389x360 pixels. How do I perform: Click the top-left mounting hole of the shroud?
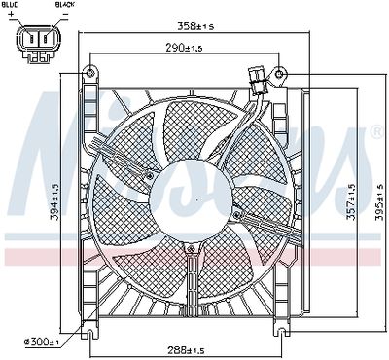pyautogui.click(x=91, y=73)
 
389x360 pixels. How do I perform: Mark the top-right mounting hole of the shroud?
pyautogui.click(x=280, y=73)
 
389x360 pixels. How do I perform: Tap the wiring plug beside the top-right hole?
pyautogui.click(x=259, y=77)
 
